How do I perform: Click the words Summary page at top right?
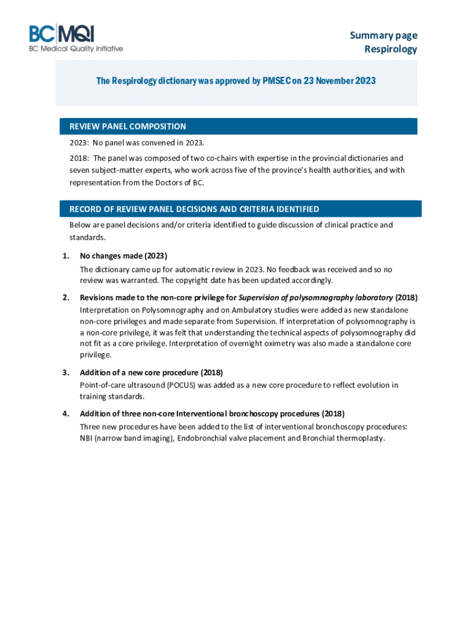(383, 36)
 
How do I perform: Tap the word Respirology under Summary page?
(391, 49)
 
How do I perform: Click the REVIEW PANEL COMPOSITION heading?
(128, 127)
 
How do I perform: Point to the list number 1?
(65, 256)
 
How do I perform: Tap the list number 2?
(65, 298)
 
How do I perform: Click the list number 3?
(65, 373)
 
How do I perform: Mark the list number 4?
(65, 413)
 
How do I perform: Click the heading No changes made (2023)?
(123, 256)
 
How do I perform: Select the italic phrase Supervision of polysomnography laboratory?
(315, 298)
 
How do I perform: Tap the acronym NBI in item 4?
(87, 439)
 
